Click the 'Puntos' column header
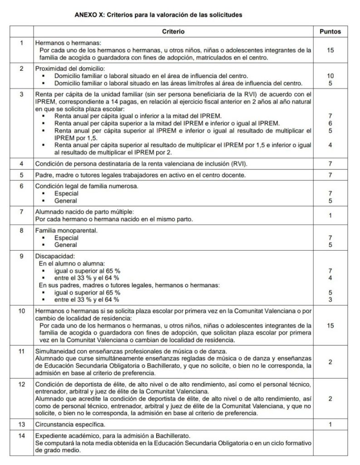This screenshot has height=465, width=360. (330, 32)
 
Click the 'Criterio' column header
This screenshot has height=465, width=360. (173, 32)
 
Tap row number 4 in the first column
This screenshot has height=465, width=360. (21, 163)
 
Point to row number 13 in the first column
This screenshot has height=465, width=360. (21, 425)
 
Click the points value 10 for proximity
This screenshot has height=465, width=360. (330, 76)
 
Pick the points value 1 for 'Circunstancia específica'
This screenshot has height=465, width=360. (330, 425)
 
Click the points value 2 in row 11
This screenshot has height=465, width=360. (330, 361)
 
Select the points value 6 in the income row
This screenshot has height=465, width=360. (330, 124)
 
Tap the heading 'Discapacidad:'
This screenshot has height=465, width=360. (52, 256)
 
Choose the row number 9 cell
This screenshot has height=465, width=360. (21, 256)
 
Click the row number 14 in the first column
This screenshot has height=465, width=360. (21, 435)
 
